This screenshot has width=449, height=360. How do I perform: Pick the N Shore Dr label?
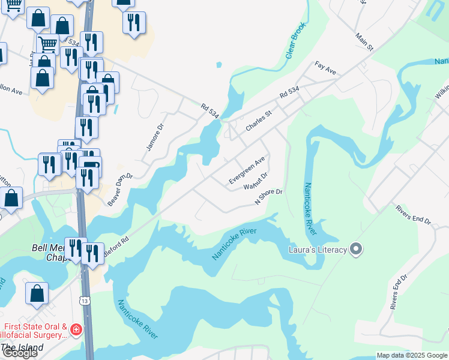(x=268, y=197)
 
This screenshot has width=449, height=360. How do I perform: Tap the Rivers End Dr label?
(x=413, y=214)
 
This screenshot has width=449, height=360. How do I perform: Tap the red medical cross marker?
(x=76, y=329)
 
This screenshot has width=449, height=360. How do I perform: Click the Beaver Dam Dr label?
(x=119, y=189)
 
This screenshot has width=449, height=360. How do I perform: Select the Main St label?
(x=364, y=42)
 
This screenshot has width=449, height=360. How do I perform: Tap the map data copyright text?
(x=412, y=355)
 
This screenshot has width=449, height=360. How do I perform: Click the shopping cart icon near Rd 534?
(x=47, y=43)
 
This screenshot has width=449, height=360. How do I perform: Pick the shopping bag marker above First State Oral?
(x=37, y=293)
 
